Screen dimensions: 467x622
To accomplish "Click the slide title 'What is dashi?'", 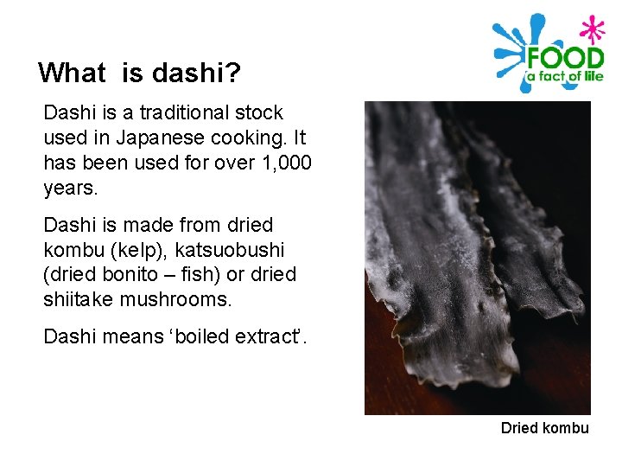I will tap(139, 73).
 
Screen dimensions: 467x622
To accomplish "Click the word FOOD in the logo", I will tap(565, 60).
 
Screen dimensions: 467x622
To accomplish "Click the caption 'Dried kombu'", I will tap(544, 428).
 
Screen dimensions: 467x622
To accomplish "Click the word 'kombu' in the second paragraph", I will tap(72, 250).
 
